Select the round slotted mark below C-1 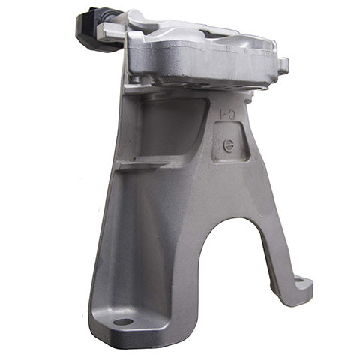point(229,145)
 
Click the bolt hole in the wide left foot point(124,322)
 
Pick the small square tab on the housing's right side point(284,68)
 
